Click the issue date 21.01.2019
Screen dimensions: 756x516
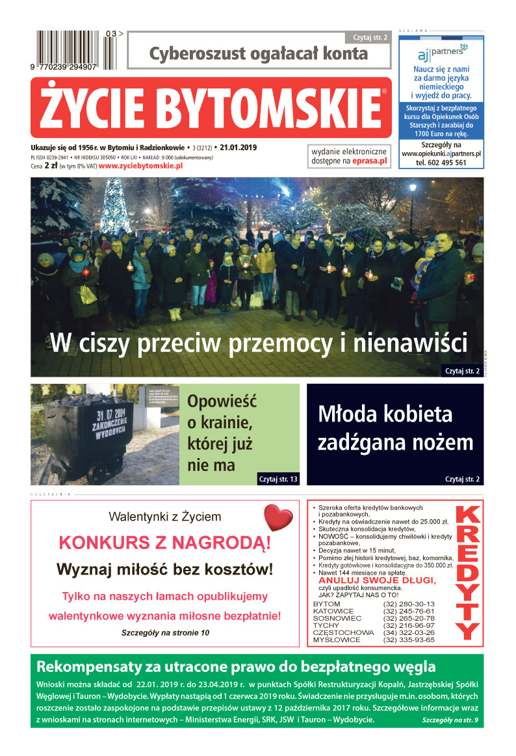pos(240,148)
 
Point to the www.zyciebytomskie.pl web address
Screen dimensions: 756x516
pos(140,166)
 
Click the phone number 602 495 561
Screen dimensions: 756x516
pos(441,163)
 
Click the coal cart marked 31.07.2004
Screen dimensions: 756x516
pos(84,429)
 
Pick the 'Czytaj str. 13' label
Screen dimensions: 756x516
pos(278,479)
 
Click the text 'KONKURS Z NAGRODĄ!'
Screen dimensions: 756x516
pos(165,543)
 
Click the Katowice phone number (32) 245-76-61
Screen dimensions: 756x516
pos(409,612)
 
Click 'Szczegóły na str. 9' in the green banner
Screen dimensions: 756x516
pos(450,721)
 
